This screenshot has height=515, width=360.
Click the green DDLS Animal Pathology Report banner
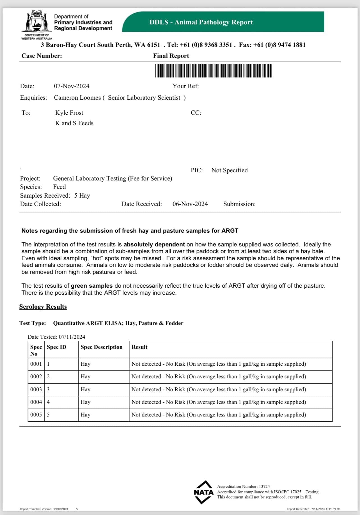pos(223,22)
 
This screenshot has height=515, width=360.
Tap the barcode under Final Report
pos(214,70)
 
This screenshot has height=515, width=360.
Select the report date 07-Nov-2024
pos(72,86)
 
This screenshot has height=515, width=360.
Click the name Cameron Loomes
pos(77,98)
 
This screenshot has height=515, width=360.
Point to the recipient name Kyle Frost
pos(69,113)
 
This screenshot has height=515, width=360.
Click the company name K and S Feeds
pos(74,123)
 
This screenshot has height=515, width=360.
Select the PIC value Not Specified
pos(230,170)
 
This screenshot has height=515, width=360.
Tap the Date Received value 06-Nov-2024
pos(190,204)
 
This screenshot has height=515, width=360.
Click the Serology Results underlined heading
pos(43,307)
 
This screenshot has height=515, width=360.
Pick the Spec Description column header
pos(102,347)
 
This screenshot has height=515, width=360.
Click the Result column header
pos(139,347)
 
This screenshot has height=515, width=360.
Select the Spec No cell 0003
pos(36,390)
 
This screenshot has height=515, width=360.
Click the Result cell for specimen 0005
pos(219,415)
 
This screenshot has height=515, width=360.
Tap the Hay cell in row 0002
pos(86,377)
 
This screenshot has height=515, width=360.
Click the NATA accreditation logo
pos(204,492)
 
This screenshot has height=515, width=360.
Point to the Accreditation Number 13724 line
pos(243,487)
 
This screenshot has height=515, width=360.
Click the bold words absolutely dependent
pos(154,244)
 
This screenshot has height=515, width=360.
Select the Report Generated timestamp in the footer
pos(313,509)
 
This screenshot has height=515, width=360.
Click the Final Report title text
pos(171,56)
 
